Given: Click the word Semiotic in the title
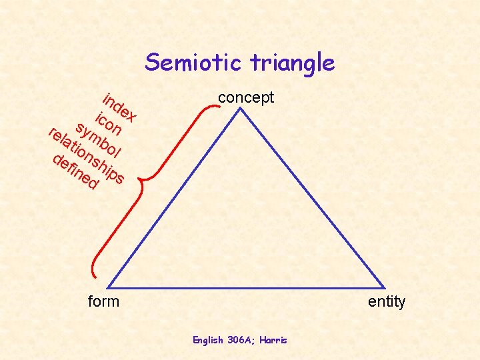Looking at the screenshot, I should [195, 63].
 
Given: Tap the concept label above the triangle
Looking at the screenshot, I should [246, 97].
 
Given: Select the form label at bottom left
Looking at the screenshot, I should [104, 301].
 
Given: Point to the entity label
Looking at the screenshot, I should [387, 302].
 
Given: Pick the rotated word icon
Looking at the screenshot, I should [108, 123].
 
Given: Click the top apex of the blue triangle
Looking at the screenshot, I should [241, 109].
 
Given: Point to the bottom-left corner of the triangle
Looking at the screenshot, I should [109, 289].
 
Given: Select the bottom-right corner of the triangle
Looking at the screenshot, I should [385, 289].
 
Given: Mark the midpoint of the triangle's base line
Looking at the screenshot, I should [247, 289].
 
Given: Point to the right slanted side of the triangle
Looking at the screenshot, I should [313, 199].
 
